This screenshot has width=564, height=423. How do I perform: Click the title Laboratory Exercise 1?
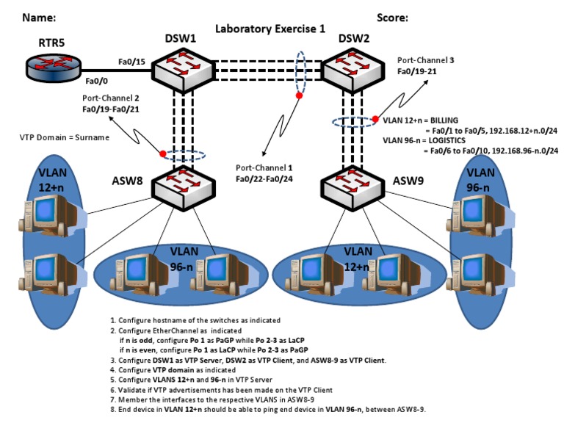270,29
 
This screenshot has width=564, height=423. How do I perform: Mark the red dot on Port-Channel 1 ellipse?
298,95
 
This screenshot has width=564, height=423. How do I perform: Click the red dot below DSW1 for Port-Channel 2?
163,153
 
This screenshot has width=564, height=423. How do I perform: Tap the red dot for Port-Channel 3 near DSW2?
375,119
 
